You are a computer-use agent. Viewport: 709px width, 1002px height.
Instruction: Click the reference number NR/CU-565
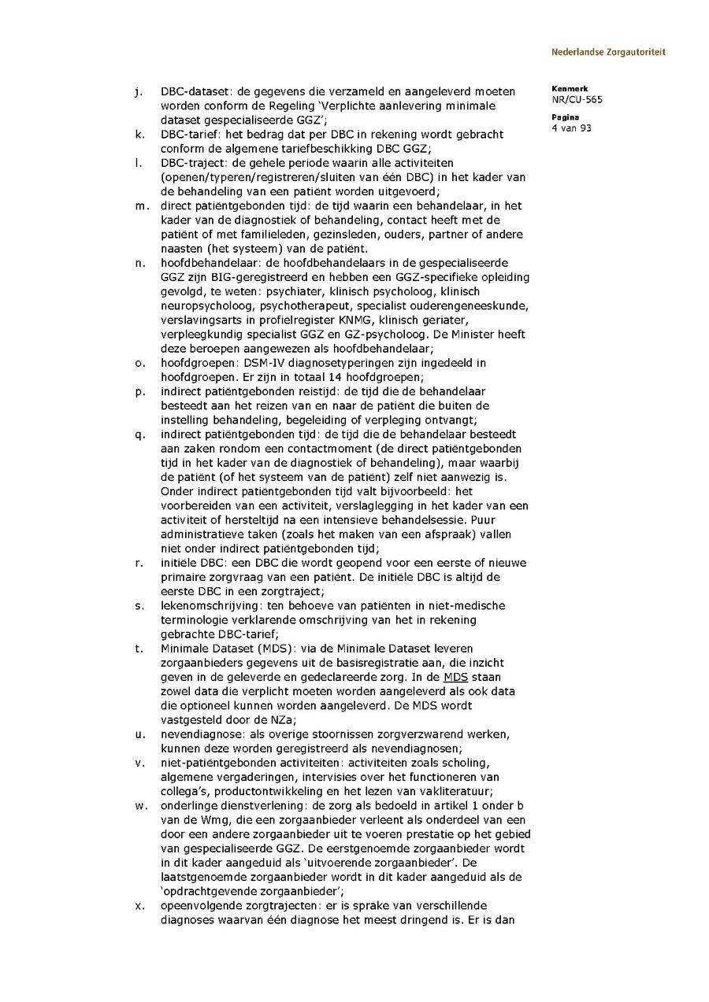click(577, 100)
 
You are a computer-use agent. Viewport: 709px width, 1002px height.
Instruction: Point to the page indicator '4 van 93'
click(571, 128)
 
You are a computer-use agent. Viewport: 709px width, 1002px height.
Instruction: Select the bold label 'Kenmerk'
click(569, 89)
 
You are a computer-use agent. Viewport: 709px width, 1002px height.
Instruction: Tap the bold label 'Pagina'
click(565, 116)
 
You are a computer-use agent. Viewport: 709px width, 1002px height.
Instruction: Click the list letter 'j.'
click(139, 91)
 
